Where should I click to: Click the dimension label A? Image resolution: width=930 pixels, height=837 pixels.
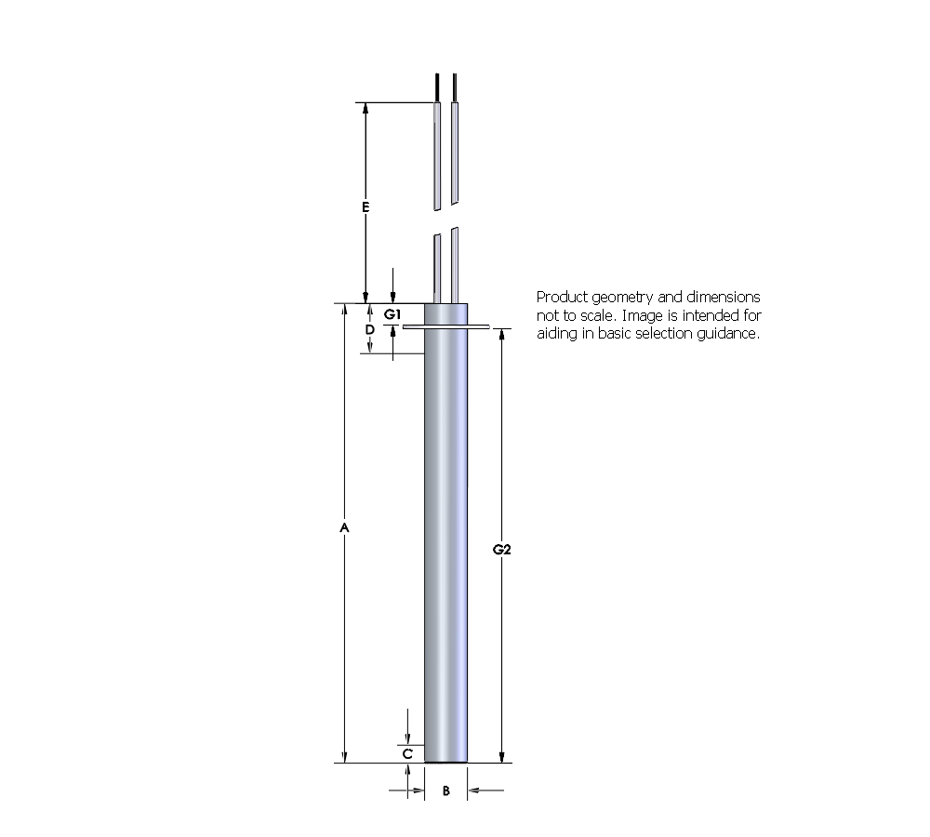coord(344,527)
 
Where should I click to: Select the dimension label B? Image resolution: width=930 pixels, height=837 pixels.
coord(445,790)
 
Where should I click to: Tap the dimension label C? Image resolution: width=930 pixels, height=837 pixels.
coord(407,754)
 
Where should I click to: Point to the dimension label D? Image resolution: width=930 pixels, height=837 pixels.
coord(369,329)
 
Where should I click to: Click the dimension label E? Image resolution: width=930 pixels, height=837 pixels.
coord(365,206)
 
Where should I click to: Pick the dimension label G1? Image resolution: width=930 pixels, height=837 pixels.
coord(392,313)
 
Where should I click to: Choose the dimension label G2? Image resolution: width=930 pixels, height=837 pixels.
coord(502,550)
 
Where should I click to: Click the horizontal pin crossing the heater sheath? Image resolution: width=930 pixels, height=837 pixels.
coord(446,326)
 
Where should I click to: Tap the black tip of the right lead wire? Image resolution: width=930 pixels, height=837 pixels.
coord(455,87)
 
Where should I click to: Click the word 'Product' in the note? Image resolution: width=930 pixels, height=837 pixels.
coord(562,298)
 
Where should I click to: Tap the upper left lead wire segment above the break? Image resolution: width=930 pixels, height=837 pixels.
coord(436,153)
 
